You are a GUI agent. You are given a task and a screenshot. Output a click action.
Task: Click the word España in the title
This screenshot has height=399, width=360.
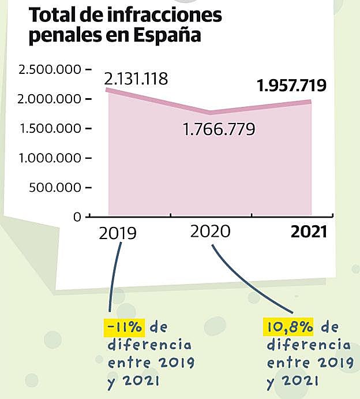(x=167, y=36)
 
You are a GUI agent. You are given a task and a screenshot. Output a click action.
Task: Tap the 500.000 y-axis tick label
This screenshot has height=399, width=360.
(x=57, y=187)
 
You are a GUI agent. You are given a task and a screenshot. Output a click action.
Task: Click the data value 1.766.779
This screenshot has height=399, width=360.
(x=219, y=129)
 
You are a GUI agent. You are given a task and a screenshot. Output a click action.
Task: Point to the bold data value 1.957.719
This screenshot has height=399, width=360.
(x=292, y=86)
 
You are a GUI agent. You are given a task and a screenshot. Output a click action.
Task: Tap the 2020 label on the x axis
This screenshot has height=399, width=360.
(x=210, y=231)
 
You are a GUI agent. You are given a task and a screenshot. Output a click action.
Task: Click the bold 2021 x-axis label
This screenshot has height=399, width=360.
(x=309, y=232)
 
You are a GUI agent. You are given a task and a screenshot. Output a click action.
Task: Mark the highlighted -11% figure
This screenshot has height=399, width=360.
(x=125, y=327)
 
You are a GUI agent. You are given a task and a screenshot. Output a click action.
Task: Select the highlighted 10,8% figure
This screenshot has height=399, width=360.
(x=288, y=327)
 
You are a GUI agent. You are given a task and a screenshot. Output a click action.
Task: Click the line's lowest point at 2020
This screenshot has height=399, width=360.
(x=210, y=112)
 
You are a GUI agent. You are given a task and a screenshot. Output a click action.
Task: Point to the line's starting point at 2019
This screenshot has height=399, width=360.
(x=108, y=90)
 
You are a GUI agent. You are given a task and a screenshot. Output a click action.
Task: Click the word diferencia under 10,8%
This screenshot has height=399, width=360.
(x=308, y=345)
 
